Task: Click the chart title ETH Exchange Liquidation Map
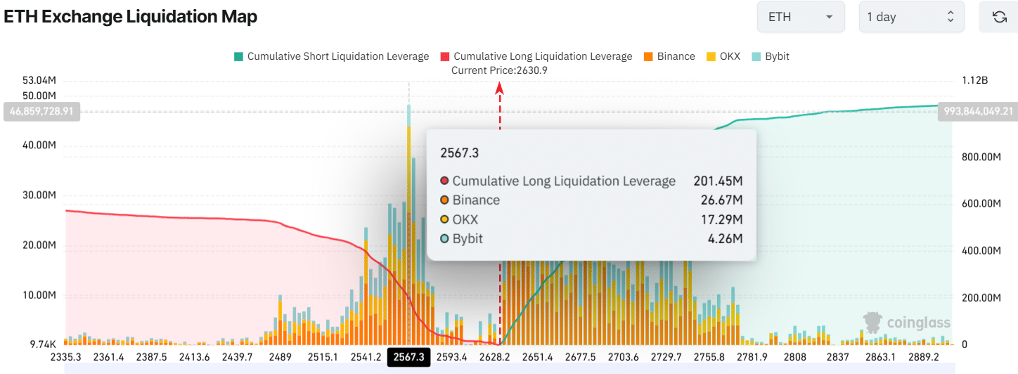[131, 17]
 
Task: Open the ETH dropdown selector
[800, 17]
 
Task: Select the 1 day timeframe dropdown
[910, 17]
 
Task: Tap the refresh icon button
[999, 17]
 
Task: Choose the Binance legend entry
[669, 56]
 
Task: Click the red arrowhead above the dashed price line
[500, 87]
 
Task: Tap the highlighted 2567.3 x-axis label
[408, 357]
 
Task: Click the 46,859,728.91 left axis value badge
[41, 112]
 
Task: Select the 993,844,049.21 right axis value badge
[977, 112]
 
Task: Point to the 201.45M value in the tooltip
[718, 181]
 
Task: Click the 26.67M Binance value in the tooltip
[721, 200]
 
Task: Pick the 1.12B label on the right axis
[974, 81]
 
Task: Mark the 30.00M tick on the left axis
[40, 195]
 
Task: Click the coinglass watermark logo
[907, 323]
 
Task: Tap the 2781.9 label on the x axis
[752, 357]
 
